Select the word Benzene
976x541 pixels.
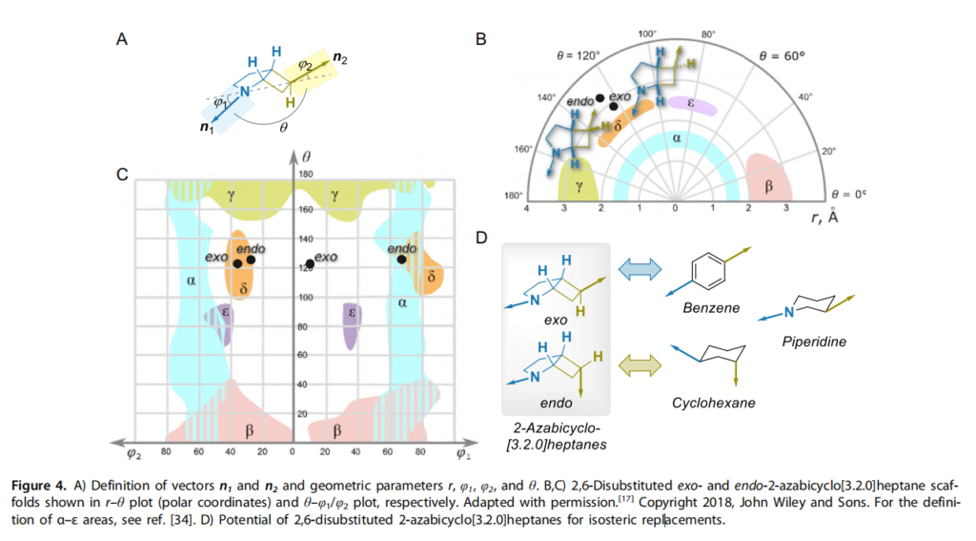[707, 308]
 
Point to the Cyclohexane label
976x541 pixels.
[712, 403]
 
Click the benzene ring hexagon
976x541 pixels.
[705, 269]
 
